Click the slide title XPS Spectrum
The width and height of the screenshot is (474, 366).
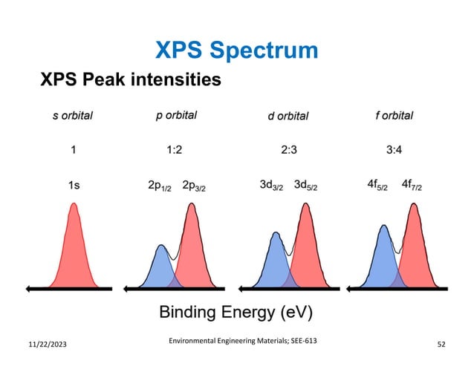(x=236, y=50)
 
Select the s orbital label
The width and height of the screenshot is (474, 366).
(x=72, y=116)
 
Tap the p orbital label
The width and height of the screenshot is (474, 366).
(x=176, y=116)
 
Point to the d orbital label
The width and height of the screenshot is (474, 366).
(x=287, y=116)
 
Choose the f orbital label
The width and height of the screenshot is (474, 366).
(x=394, y=116)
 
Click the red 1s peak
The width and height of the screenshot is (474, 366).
(x=74, y=252)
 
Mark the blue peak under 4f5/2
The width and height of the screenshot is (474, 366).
(x=383, y=260)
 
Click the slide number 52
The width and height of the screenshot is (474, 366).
(x=443, y=345)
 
